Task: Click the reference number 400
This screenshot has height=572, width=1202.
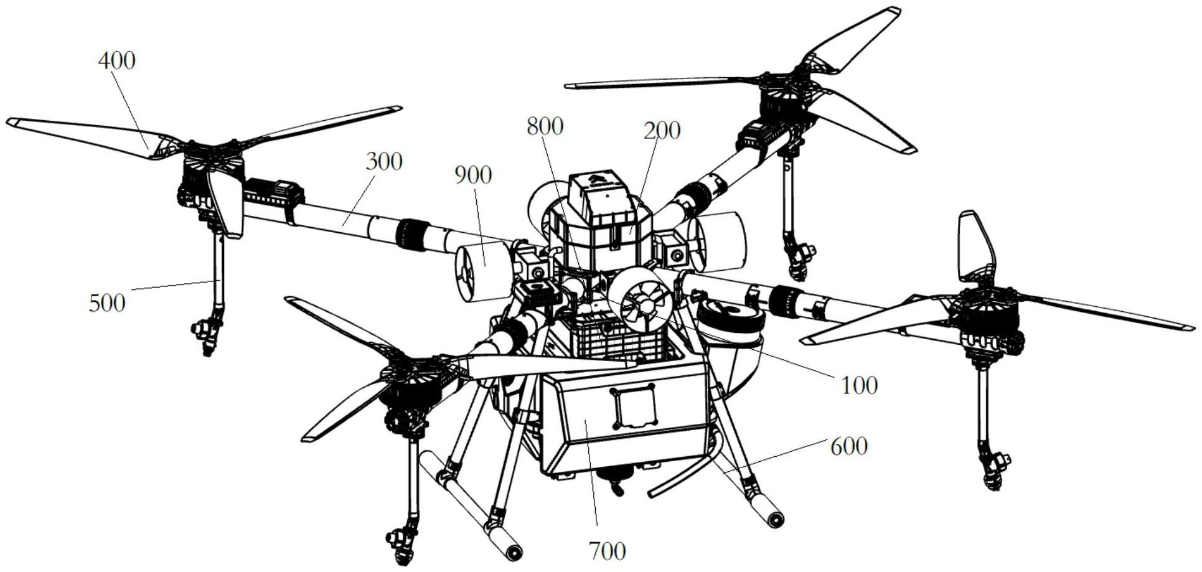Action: (116, 61)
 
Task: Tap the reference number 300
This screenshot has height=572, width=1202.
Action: (384, 162)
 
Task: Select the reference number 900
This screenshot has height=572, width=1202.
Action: (473, 175)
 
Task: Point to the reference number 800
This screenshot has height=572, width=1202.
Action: (545, 126)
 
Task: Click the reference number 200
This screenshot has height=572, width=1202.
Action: (662, 131)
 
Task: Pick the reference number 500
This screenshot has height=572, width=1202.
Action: (107, 303)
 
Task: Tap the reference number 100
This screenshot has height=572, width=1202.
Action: (859, 385)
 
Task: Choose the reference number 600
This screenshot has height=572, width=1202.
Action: (849, 446)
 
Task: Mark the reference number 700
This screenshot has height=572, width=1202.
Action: (607, 551)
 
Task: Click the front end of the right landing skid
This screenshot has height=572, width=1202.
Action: (775, 518)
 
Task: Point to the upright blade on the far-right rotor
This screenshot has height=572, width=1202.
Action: (974, 246)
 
